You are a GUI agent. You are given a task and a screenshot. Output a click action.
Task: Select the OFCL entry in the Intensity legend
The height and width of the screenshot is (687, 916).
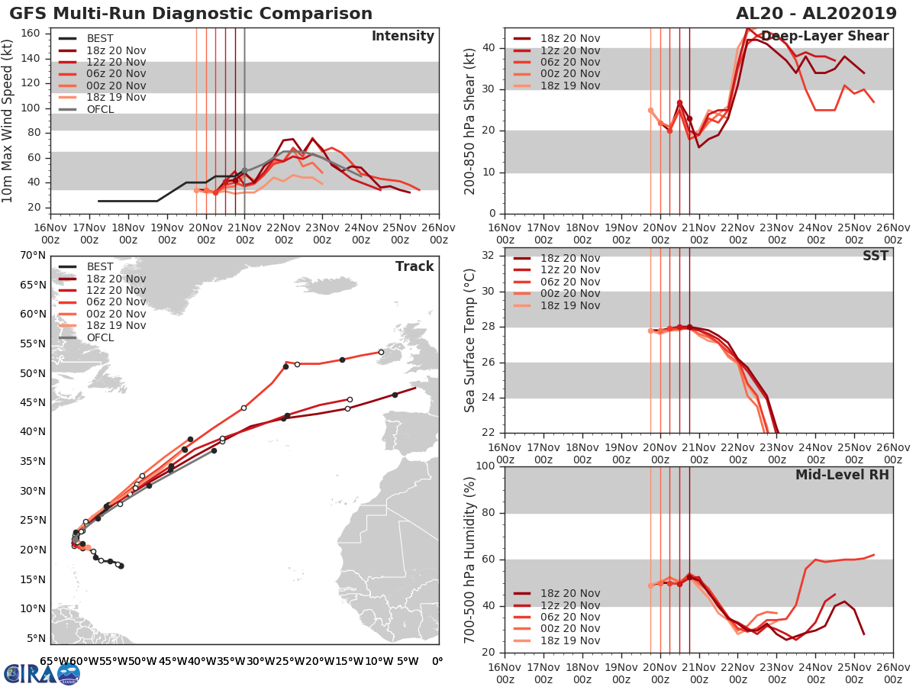pos(100,109)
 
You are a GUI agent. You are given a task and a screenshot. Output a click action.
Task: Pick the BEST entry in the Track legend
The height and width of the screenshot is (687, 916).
pos(100,267)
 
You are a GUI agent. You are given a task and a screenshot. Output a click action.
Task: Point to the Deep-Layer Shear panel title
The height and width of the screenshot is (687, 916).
pos(824,37)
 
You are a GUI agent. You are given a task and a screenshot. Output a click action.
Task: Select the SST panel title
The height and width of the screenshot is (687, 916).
pos(876,256)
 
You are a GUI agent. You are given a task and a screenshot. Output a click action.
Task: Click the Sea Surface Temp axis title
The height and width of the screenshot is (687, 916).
pos(471,340)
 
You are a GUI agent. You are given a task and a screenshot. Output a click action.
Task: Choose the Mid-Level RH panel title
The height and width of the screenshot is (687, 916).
pos(842,475)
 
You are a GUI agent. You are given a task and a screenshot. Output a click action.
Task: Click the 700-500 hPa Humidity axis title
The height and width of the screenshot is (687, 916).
pos(471,559)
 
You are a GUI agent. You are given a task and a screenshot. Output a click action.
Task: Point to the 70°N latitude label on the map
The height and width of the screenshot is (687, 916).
pos(33,255)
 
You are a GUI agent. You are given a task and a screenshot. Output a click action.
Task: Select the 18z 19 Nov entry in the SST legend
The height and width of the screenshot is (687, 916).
pos(570,305)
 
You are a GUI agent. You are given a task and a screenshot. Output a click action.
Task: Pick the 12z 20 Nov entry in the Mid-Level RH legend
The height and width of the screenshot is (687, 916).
pos(570,605)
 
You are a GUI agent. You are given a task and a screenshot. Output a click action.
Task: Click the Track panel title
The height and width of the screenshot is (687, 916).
pos(414,266)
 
